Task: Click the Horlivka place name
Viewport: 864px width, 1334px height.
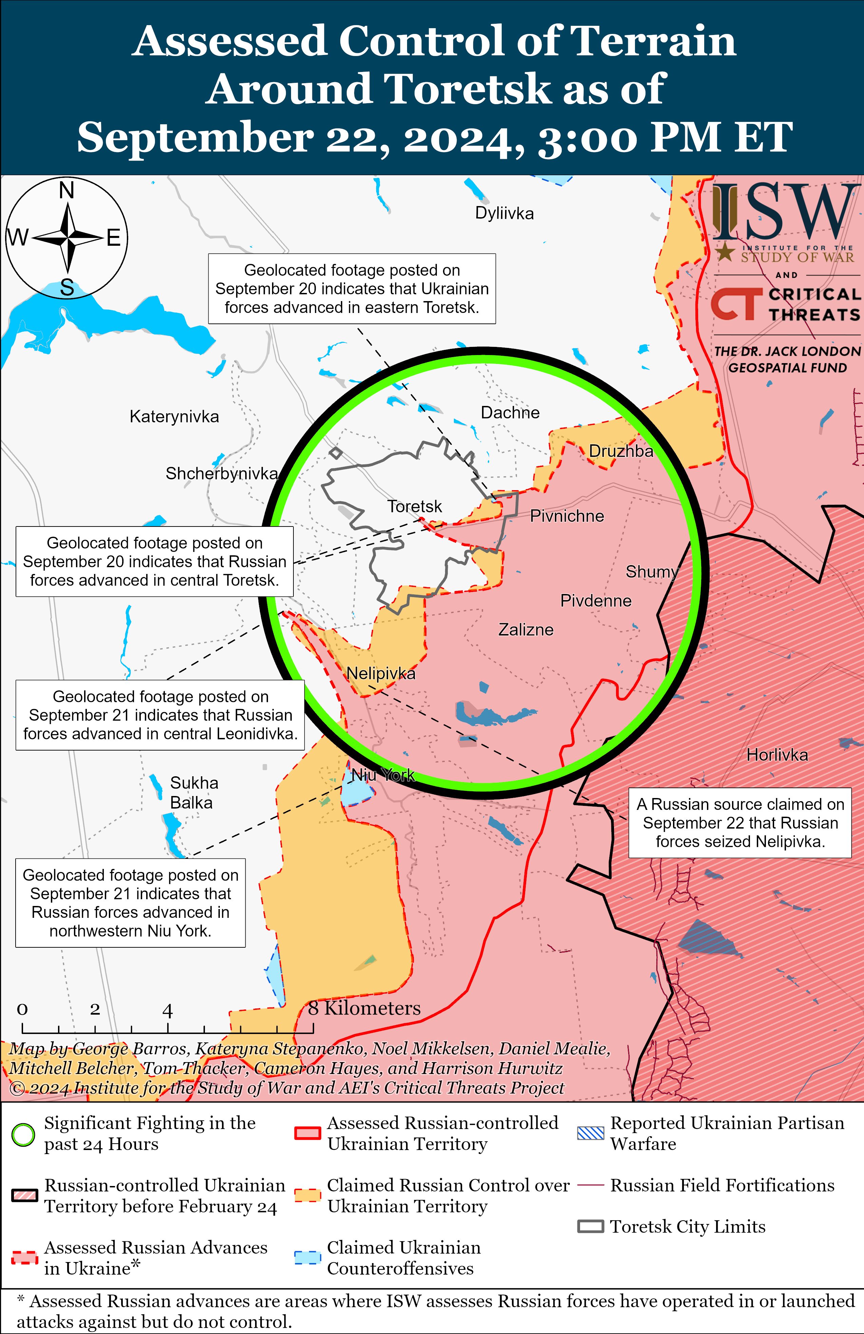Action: [777, 755]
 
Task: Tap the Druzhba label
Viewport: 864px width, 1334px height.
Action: [621, 451]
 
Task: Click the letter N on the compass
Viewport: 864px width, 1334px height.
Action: [67, 190]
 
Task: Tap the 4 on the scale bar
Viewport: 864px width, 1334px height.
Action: [168, 1011]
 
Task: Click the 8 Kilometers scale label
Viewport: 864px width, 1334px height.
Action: [364, 1008]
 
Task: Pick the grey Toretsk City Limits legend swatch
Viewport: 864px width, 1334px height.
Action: [591, 1226]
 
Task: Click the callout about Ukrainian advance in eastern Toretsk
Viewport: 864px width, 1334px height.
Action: [352, 289]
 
